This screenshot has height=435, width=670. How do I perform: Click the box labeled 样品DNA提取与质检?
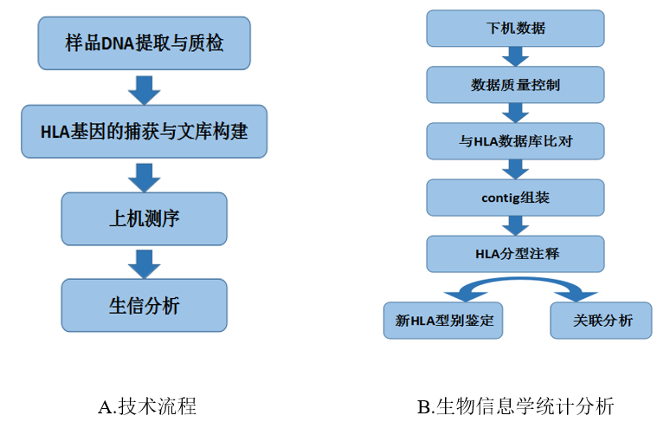click(144, 43)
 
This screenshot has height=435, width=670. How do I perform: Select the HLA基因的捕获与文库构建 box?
click(144, 132)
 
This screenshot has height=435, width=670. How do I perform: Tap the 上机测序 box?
click(144, 218)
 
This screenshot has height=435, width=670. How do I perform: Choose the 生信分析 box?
click(144, 305)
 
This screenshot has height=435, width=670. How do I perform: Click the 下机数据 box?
click(515, 29)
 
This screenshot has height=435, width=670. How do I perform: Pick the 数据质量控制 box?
click(515, 85)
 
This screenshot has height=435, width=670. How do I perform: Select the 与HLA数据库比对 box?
click(515, 141)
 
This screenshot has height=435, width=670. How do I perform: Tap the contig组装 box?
click(515, 198)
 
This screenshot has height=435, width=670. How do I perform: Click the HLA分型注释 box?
click(515, 254)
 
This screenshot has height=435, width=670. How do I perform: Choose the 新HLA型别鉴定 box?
click(443, 321)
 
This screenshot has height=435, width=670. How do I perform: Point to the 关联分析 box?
click(602, 321)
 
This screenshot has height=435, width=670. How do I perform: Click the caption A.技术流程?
click(147, 406)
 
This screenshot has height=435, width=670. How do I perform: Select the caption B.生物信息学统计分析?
click(516, 406)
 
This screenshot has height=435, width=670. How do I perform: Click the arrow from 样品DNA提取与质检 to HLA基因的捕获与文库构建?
click(144, 90)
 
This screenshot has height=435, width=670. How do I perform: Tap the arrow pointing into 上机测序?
click(144, 178)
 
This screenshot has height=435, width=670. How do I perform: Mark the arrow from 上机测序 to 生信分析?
click(144, 264)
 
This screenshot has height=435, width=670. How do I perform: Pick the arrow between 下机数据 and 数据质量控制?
click(515, 56)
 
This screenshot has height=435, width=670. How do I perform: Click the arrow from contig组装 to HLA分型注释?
click(515, 226)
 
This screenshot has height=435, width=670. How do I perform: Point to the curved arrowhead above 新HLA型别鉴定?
click(465, 296)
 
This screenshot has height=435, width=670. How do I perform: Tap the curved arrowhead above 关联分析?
click(576, 296)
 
